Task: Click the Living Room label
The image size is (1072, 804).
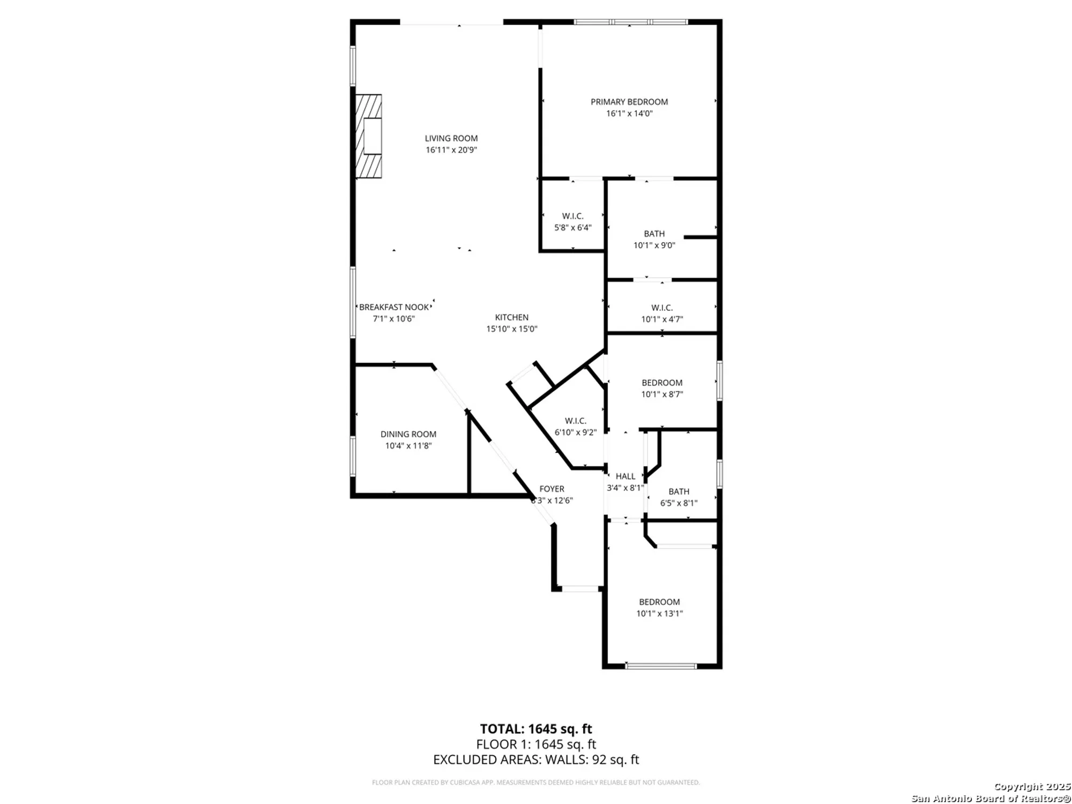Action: (x=451, y=138)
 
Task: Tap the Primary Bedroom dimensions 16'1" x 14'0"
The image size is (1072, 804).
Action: (x=629, y=114)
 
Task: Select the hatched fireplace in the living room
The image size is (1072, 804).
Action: (x=369, y=136)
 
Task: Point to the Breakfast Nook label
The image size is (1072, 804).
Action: (x=394, y=307)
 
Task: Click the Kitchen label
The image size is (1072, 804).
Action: (x=511, y=317)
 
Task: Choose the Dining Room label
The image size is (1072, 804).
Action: (x=408, y=434)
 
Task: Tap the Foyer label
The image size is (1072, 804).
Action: (x=552, y=489)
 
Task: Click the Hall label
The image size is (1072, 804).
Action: (x=626, y=476)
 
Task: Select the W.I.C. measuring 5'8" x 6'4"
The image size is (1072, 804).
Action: (x=572, y=221)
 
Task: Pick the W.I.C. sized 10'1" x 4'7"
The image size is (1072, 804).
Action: (x=662, y=313)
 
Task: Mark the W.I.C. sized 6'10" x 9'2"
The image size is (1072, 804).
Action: (x=575, y=427)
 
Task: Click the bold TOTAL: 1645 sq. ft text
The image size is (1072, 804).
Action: (x=536, y=729)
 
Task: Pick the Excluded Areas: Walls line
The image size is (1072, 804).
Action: (x=536, y=760)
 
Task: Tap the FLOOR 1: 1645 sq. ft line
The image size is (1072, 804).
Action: (x=536, y=745)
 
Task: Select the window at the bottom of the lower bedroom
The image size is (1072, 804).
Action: (x=661, y=666)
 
